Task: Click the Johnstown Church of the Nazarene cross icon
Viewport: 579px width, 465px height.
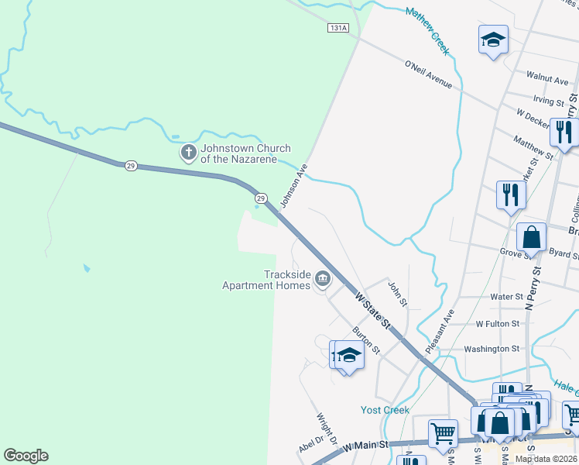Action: point(188,153)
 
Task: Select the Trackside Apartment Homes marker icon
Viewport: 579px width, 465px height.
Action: point(323,281)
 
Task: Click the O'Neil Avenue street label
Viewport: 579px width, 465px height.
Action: point(428,74)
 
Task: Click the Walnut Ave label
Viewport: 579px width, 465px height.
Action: point(547,80)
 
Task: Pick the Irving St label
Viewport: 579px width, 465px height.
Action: point(549,101)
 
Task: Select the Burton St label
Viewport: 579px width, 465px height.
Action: point(365,342)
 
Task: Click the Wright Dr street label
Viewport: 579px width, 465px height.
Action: point(327,428)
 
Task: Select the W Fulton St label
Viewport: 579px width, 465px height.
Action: point(497,323)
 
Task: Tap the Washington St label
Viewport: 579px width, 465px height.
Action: point(492,349)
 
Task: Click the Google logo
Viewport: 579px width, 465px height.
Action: point(26,456)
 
